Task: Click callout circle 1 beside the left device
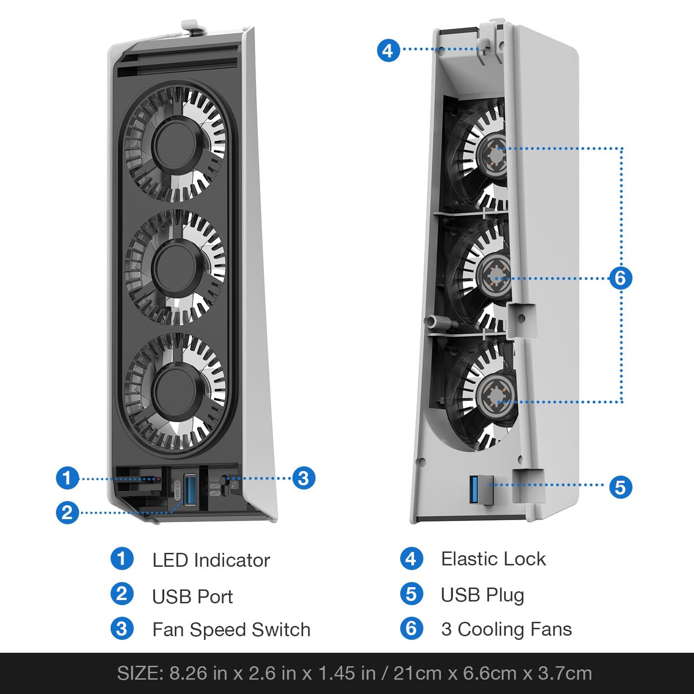[x=67, y=478]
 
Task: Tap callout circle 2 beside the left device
[x=67, y=512]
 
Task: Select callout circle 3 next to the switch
[x=304, y=478]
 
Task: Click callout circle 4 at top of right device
[x=388, y=50]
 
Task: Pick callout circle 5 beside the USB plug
[x=621, y=487]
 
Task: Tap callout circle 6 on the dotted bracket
[x=621, y=278]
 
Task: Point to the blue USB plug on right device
[x=474, y=489]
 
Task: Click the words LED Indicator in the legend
[x=211, y=560]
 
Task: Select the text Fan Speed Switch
[x=231, y=630]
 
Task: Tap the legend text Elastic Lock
[x=493, y=559]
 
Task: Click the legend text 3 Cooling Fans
[x=506, y=629]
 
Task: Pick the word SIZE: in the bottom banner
[x=140, y=673]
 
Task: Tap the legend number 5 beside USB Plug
[x=412, y=595]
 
